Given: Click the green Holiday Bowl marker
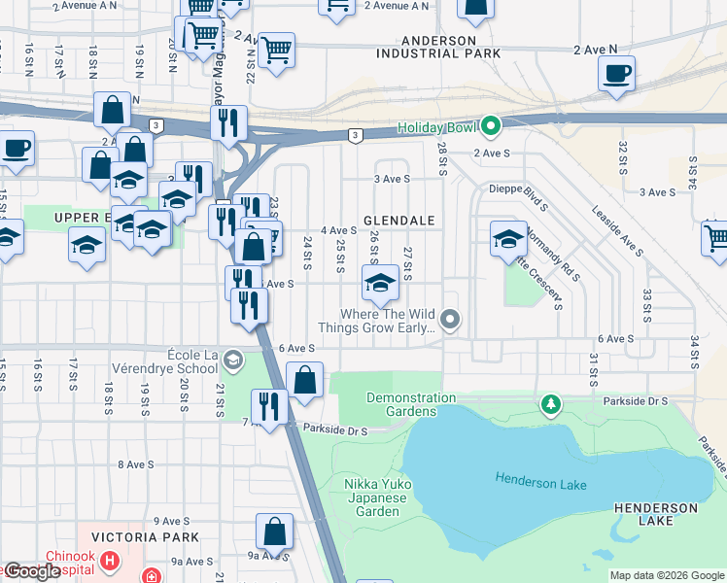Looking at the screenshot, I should point(491,125).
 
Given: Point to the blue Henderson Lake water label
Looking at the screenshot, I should point(541,478).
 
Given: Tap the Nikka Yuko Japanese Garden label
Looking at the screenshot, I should point(371,497).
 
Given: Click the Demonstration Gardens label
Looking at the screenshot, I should point(411,405).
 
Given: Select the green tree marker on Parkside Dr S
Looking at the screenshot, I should point(550,402).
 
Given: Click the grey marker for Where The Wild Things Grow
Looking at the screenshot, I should point(449,319).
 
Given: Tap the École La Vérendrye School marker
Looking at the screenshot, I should point(231,361).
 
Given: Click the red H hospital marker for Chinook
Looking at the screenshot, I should point(110,561).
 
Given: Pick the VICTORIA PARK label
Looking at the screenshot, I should point(145,536).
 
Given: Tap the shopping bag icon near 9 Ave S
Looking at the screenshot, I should point(274,532).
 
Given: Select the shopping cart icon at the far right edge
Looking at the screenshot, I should point(716,238).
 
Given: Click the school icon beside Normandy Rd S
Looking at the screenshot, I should point(508,238).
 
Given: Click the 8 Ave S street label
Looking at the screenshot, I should point(135,464).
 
